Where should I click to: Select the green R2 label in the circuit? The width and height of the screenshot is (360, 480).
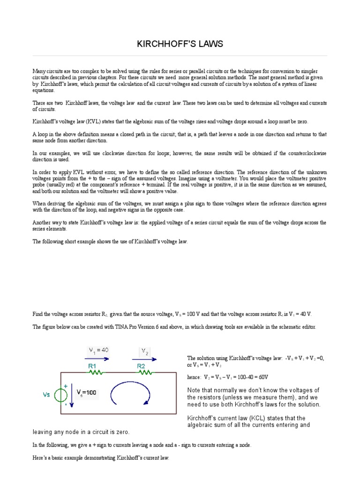(143, 365)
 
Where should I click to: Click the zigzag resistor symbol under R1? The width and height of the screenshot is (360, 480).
(97, 373)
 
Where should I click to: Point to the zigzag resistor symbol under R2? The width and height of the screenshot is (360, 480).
(145, 373)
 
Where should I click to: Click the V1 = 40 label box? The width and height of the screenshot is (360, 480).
(99, 350)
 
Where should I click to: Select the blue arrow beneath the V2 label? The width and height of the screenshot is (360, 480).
(147, 359)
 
